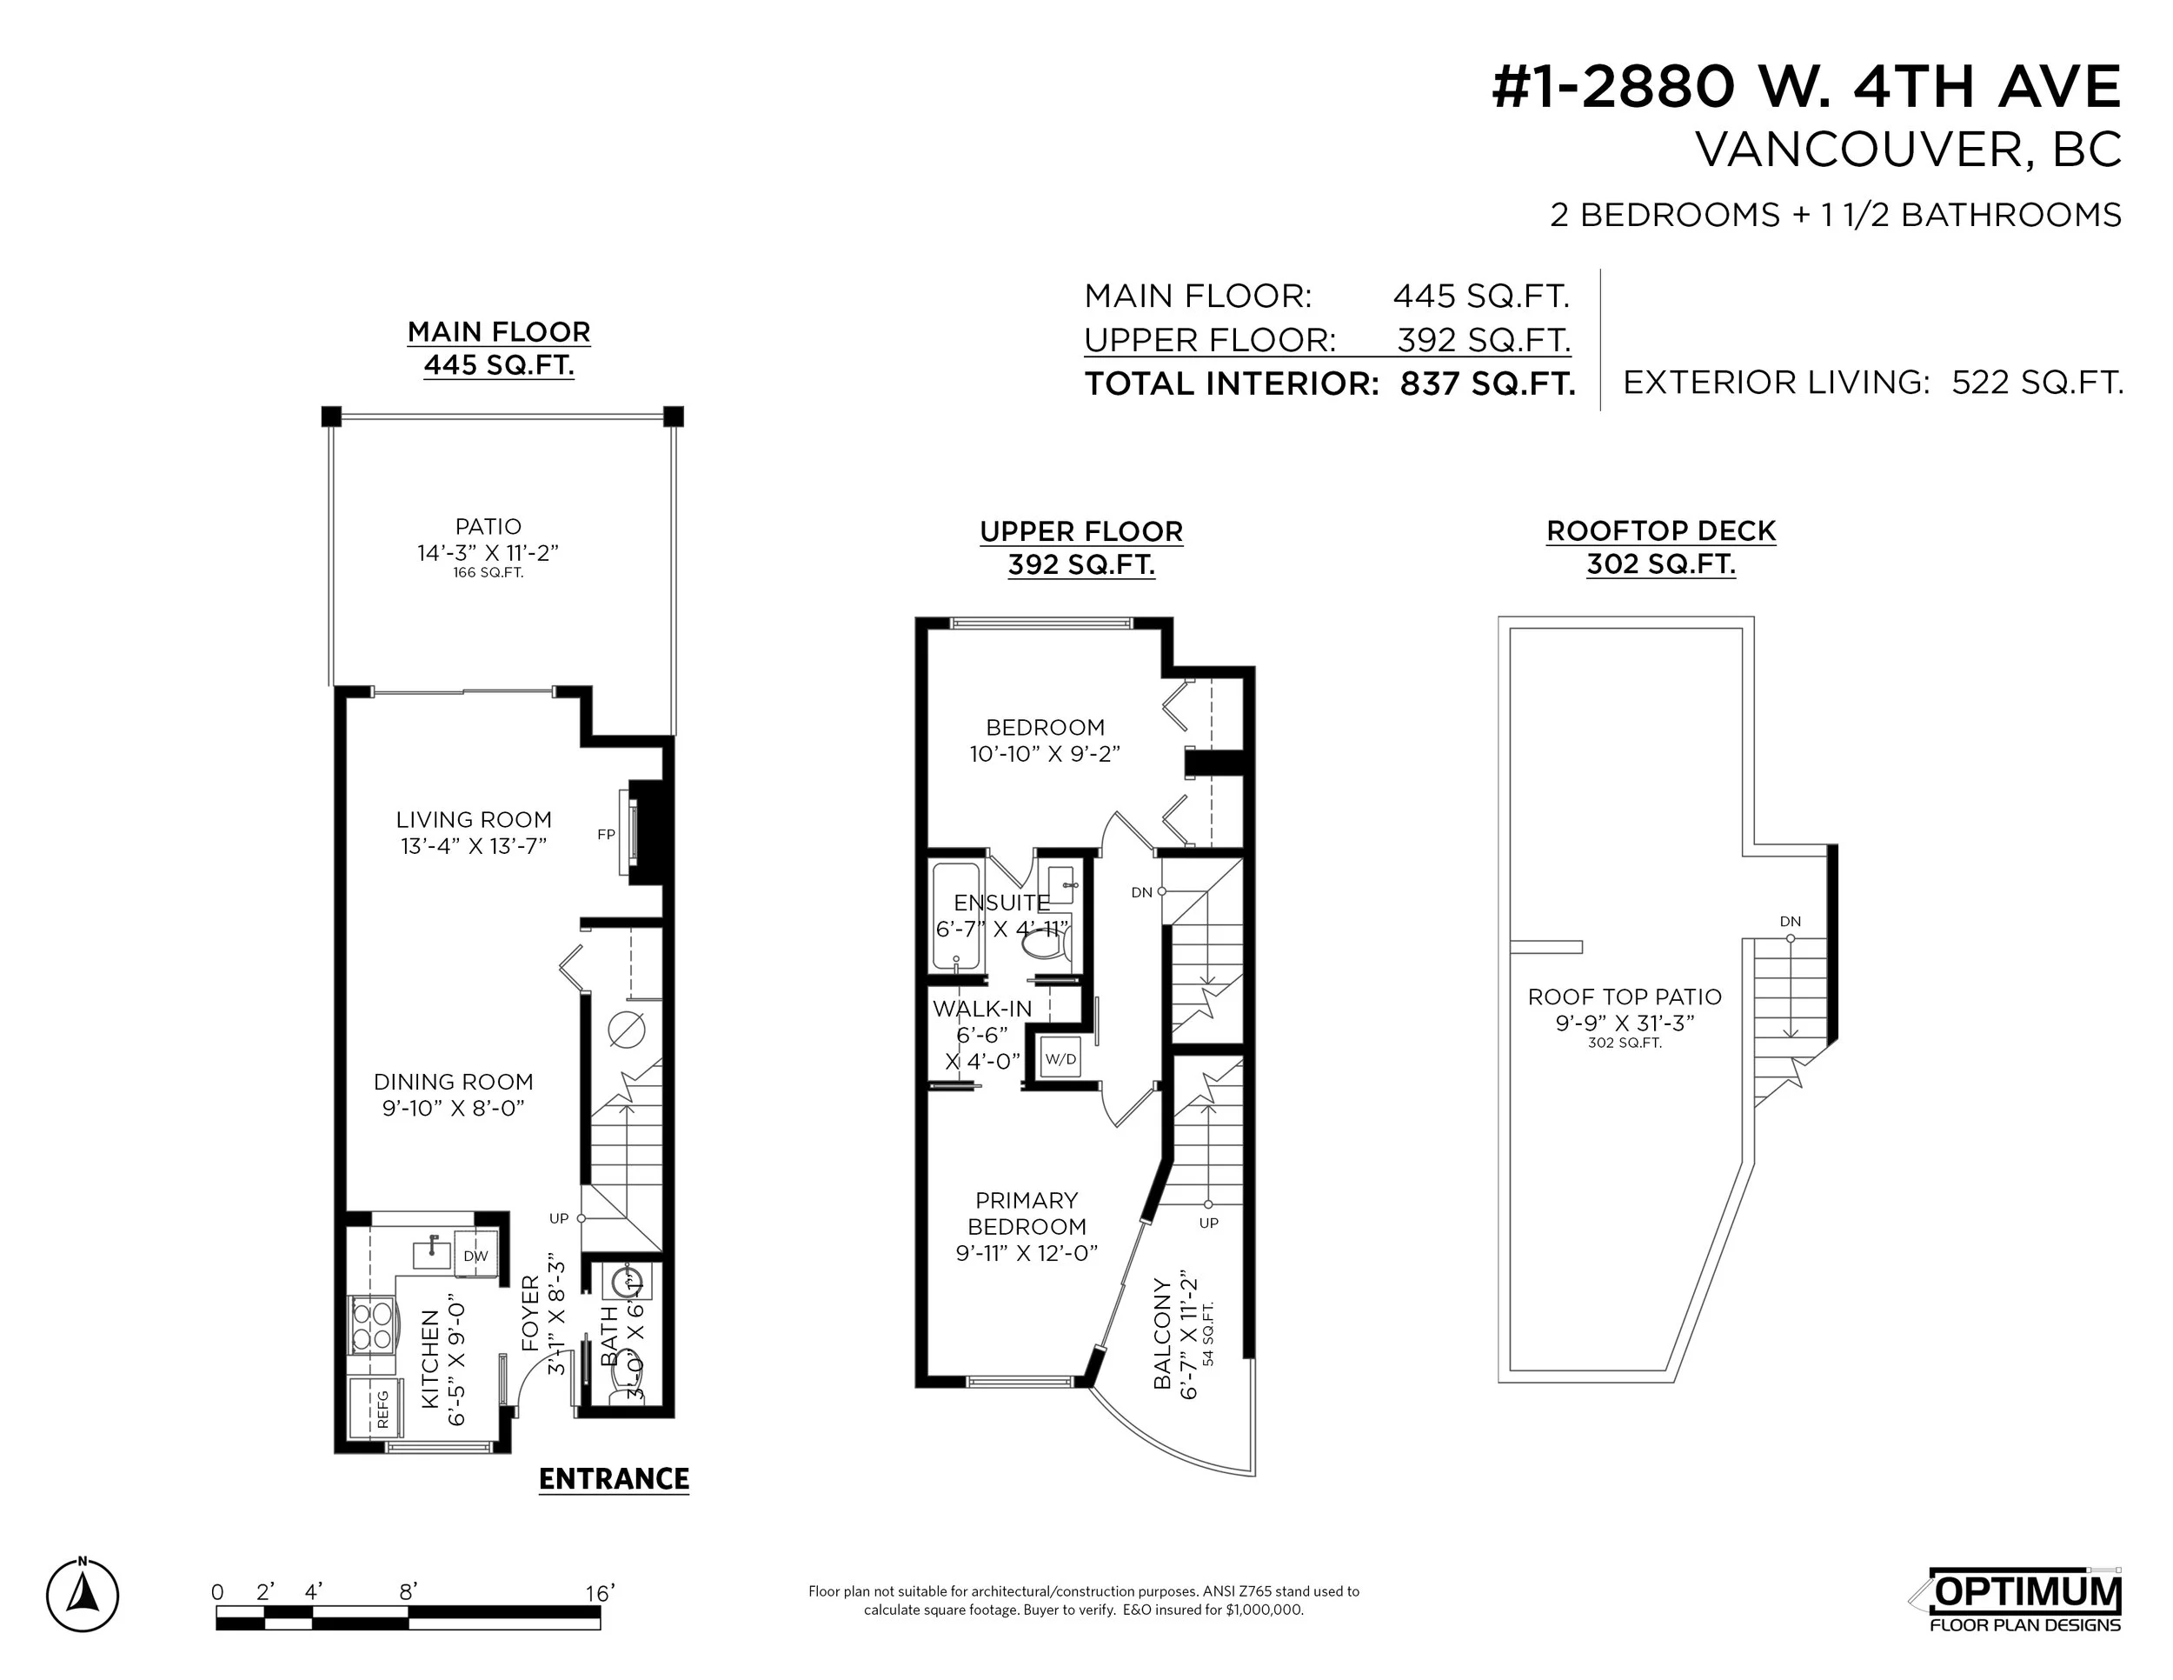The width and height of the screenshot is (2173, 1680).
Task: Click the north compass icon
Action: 83,1597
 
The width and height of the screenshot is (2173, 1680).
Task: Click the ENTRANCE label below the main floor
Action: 614,1479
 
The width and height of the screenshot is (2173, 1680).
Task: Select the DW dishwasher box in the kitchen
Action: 475,1256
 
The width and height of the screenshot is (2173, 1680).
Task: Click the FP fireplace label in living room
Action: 606,835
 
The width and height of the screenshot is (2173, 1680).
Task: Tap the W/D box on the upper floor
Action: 1060,1059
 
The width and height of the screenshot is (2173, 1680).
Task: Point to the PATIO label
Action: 488,526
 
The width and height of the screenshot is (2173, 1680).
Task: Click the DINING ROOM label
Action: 454,1082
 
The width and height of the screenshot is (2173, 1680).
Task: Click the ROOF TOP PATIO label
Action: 1625,997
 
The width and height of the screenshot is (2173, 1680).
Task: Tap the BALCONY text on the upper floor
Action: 1162,1334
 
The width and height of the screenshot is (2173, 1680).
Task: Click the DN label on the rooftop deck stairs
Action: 1790,922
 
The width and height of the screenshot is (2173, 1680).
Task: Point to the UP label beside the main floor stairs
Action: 559,1218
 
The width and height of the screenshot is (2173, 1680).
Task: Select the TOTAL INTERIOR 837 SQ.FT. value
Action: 1486,384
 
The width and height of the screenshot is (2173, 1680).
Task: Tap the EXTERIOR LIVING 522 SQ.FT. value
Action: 2037,383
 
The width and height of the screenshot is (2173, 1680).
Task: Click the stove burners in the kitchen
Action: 371,1327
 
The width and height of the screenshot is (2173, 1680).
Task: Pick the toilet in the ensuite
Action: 1044,941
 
